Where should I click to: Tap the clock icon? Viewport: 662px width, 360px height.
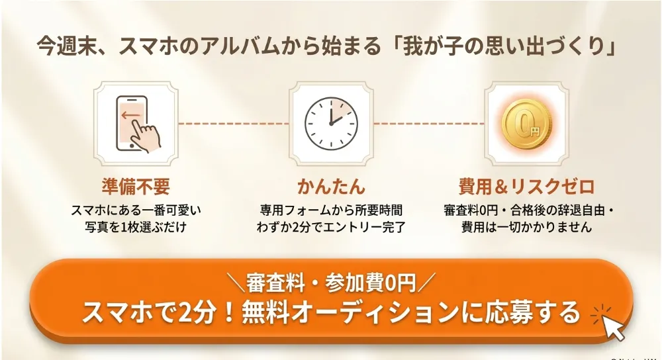(331, 124)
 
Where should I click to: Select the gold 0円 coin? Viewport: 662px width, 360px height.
(526, 124)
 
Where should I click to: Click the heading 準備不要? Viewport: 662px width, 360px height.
(136, 186)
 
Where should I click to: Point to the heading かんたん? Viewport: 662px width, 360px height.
(332, 186)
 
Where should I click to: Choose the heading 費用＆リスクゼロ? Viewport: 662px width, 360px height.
(526, 186)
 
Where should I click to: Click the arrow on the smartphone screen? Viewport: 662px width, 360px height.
(130, 114)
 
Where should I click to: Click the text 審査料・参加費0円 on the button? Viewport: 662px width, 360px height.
(331, 283)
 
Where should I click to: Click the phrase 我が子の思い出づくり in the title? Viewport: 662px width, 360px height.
(504, 46)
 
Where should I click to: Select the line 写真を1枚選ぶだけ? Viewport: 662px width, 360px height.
(136, 227)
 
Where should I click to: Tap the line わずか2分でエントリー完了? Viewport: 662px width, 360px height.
(331, 227)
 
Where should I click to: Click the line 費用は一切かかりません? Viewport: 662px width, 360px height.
(526, 227)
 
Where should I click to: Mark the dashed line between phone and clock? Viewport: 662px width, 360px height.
(234, 124)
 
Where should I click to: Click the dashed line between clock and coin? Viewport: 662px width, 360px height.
(429, 124)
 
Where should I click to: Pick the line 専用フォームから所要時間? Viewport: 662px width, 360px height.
(331, 210)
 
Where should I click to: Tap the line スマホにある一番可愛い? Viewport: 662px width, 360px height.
(136, 210)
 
